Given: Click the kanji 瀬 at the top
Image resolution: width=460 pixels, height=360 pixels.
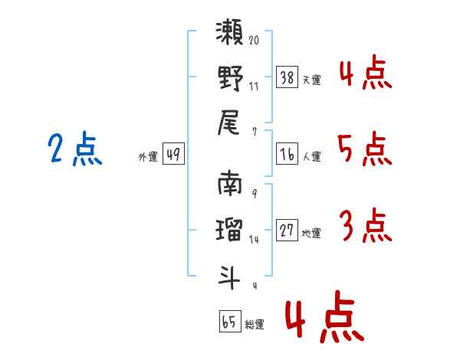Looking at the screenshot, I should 230,35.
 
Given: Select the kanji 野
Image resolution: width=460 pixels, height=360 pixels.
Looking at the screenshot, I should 230,77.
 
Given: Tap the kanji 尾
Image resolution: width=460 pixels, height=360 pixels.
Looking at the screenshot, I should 230,120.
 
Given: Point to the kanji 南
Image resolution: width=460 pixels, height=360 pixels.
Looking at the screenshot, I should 230,185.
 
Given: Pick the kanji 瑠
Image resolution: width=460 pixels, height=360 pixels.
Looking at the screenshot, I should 230,228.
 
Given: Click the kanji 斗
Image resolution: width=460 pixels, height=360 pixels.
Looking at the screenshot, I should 230,273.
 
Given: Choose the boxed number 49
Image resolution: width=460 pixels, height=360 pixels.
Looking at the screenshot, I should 172,154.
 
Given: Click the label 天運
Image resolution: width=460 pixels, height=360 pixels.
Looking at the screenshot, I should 311,80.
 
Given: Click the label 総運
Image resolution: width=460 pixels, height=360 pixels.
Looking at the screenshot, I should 255,324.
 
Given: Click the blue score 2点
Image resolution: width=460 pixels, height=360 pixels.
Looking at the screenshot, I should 75,149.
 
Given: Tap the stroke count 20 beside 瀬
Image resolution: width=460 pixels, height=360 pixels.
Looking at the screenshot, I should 254,41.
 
